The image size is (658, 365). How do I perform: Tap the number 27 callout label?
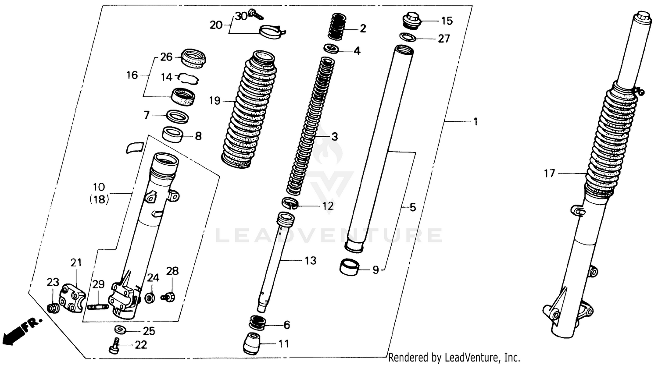444,39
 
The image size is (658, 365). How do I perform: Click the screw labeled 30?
255,14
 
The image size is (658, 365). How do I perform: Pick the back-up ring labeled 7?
177,117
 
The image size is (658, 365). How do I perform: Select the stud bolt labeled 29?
98,307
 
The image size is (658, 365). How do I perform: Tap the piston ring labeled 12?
290,203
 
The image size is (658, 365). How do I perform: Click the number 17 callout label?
550,174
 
